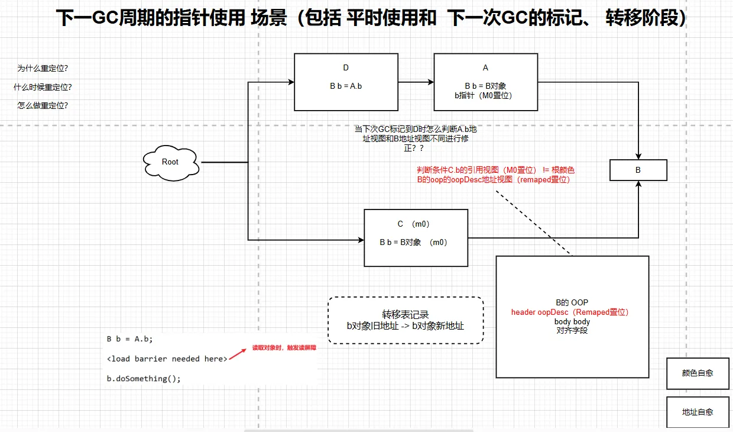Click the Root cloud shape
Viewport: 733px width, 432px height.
coord(170,162)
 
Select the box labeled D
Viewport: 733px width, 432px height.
coord(346,82)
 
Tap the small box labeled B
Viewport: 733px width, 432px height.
coord(638,170)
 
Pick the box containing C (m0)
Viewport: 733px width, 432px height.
coord(415,238)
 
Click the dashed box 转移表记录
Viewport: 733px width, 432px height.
coord(406,320)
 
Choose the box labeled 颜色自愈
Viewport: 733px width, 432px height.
coord(698,373)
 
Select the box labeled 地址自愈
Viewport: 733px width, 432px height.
coord(698,412)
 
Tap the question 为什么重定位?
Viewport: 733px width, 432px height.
coord(47,68)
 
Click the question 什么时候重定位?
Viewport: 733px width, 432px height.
coord(47,87)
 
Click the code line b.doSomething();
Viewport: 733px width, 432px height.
coord(144,378)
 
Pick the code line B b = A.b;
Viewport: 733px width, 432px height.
coord(129,339)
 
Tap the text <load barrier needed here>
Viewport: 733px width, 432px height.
coord(167,359)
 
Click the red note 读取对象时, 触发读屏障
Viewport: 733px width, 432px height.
coord(284,348)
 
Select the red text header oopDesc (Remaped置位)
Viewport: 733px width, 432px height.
coord(570,312)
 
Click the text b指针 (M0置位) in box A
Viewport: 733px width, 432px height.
coord(485,95)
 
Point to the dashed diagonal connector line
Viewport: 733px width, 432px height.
coord(535,223)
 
